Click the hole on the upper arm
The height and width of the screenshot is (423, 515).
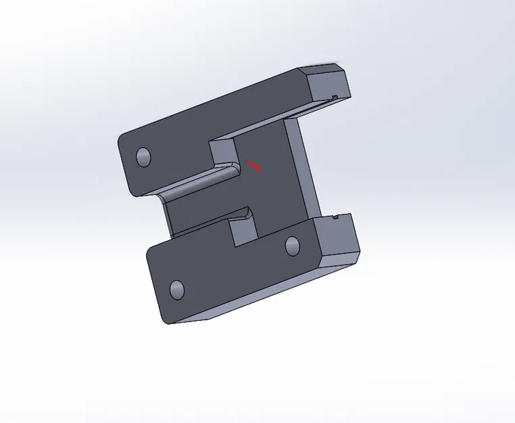click(143, 157)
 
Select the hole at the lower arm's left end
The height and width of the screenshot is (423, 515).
click(176, 289)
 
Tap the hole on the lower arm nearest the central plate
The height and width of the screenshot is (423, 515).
click(293, 245)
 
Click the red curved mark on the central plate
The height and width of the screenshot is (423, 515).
click(254, 166)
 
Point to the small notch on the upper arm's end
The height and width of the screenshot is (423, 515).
click(335, 97)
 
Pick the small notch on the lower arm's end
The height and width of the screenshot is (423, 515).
click(337, 217)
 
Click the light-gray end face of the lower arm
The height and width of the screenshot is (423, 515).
click(338, 239)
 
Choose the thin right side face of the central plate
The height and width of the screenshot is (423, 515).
click(305, 169)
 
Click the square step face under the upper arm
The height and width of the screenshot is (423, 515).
click(222, 153)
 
